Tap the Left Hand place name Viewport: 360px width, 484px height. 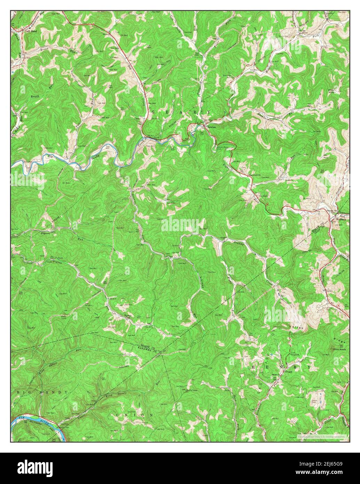(x=31, y=31)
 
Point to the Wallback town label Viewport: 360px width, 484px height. (x=341, y=219)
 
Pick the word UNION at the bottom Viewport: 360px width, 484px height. (x=134, y=415)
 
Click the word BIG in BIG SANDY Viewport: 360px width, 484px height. (x=22, y=392)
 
